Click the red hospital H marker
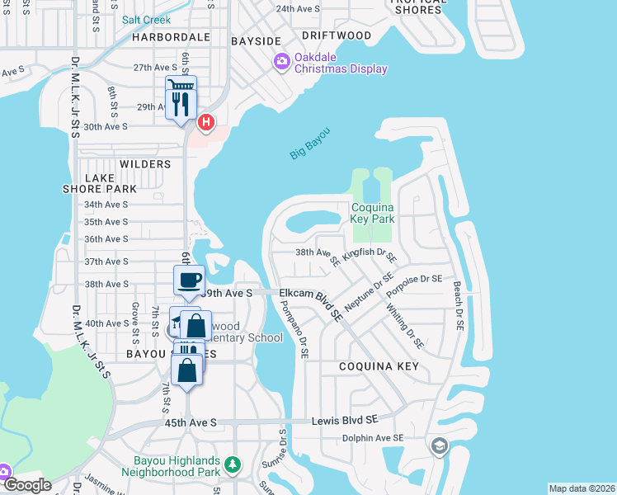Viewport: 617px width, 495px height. (x=205, y=124)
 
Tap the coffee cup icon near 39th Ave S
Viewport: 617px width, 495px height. (x=189, y=279)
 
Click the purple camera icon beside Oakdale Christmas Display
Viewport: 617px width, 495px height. (x=281, y=61)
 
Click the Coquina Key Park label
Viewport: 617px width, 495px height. (x=373, y=213)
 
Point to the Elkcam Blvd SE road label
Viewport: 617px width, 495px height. (x=311, y=299)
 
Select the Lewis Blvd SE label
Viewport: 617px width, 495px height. (x=345, y=420)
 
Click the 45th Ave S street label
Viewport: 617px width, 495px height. (x=190, y=422)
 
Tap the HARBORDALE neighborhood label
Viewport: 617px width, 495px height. (x=171, y=38)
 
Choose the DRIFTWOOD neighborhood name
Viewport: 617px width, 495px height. (x=337, y=35)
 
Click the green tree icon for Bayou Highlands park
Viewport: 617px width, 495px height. (x=233, y=466)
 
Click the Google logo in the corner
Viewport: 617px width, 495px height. (x=26, y=485)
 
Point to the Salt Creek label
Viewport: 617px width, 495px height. (x=146, y=19)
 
